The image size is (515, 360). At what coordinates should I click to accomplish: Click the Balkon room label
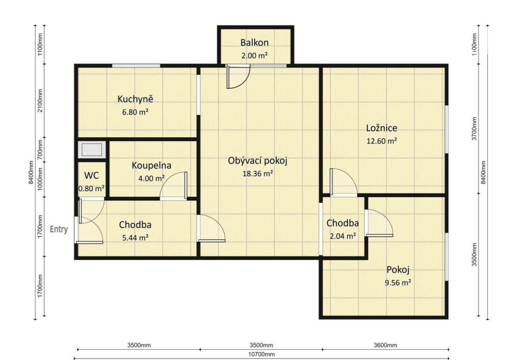click(x=254, y=43)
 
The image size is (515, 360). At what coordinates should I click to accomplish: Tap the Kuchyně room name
click(x=135, y=99)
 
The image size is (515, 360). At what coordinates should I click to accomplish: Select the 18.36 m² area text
click(x=258, y=174)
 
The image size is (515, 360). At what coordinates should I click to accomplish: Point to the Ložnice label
click(x=382, y=128)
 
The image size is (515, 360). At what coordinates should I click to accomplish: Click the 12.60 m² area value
click(x=382, y=141)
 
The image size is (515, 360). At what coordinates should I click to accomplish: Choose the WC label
click(x=92, y=176)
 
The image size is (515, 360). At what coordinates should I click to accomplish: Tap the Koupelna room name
click(x=152, y=165)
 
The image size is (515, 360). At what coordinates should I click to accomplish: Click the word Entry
click(x=59, y=229)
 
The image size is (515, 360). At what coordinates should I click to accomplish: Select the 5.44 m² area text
click(x=135, y=237)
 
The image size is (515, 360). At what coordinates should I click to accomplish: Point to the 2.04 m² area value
click(x=343, y=236)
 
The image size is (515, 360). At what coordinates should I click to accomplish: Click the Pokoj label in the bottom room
click(x=397, y=270)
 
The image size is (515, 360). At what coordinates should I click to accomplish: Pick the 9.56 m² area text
click(x=397, y=282)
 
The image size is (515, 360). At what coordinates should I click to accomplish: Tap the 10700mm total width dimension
click(x=261, y=354)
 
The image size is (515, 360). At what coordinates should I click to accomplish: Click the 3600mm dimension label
click(x=385, y=345)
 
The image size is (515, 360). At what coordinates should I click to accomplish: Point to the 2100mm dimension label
click(x=40, y=100)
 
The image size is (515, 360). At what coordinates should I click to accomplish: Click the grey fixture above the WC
click(x=92, y=150)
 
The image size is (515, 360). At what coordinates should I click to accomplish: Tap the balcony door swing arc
click(x=243, y=81)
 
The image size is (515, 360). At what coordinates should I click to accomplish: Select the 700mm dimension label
click(x=40, y=150)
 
